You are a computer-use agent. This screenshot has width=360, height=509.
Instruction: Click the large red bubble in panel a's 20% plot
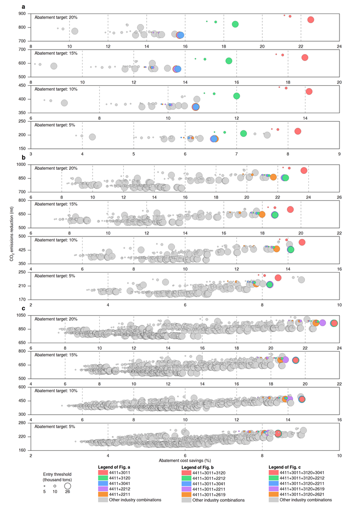(310, 20)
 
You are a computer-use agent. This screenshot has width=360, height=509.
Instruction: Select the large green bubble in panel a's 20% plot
(235, 24)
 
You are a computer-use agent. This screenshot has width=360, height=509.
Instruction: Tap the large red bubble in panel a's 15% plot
(305, 57)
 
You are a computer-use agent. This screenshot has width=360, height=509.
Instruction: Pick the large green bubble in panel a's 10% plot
(237, 96)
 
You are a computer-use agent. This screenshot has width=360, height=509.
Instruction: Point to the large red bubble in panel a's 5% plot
(298, 131)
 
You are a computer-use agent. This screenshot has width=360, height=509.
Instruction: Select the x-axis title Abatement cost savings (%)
(185, 459)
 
